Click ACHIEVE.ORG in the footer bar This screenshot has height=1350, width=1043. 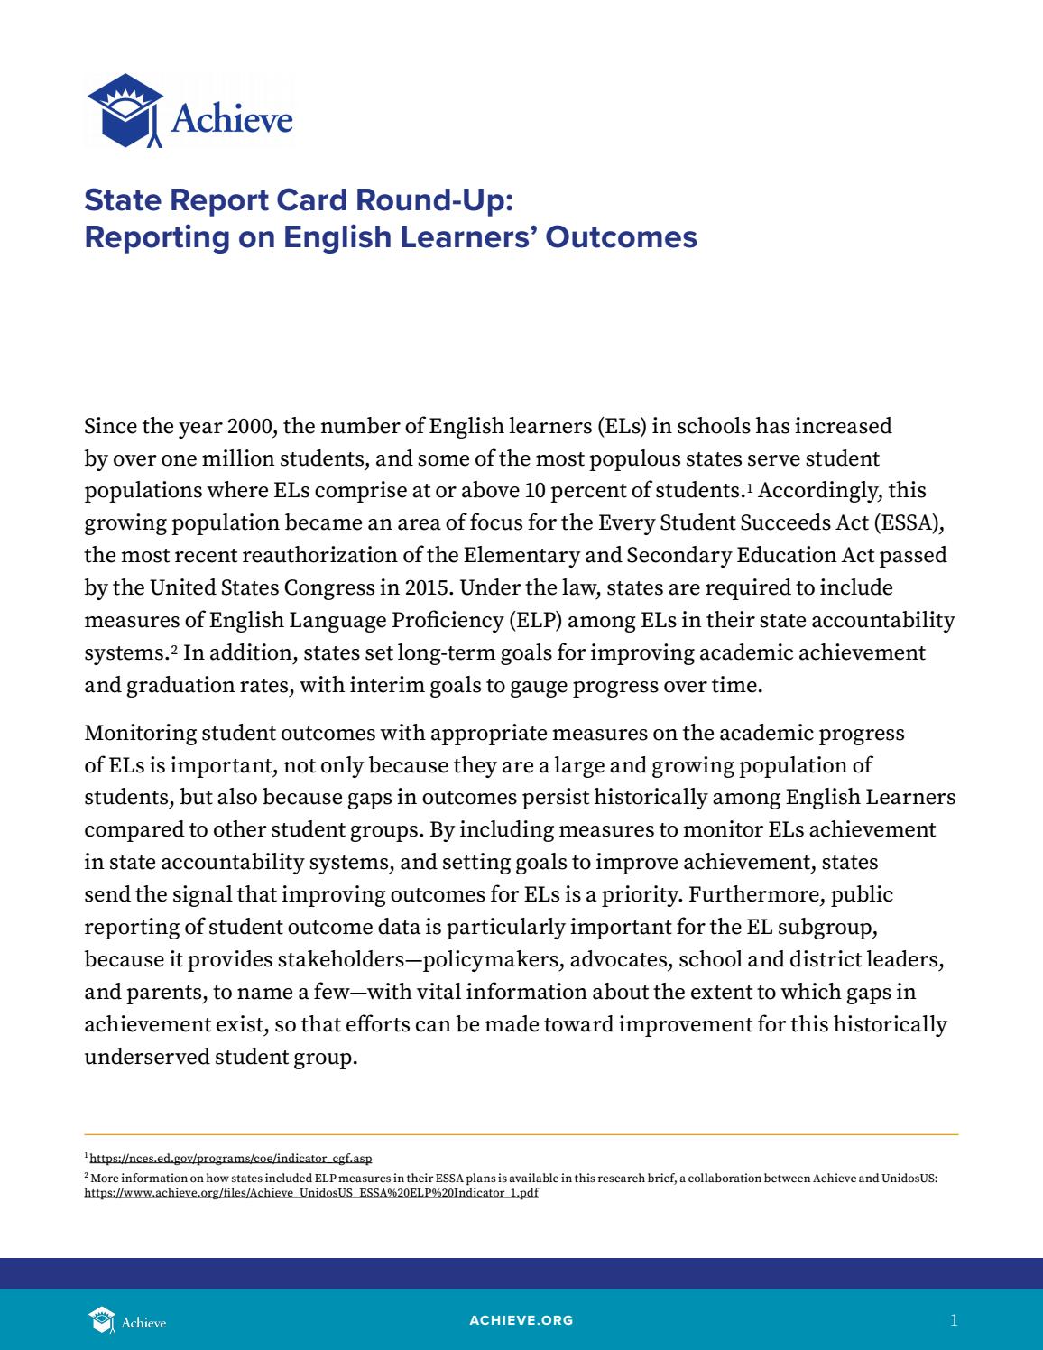521,1320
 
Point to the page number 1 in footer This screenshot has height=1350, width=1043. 954,1320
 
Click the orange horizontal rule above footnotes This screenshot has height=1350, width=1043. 521,1134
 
